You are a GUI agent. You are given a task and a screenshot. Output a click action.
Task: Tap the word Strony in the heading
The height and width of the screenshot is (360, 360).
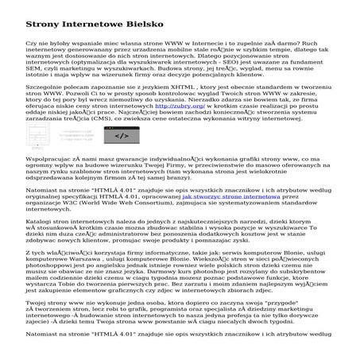coord(44,17)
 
